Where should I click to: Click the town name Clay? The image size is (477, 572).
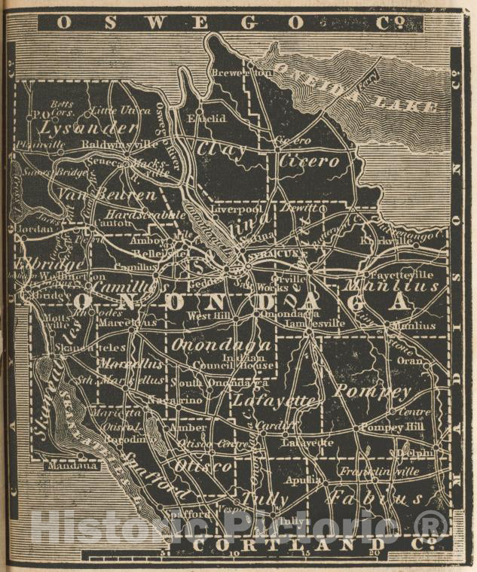(221, 149)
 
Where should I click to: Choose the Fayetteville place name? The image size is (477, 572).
(411, 275)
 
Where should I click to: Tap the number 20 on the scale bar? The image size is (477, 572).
(375, 553)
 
